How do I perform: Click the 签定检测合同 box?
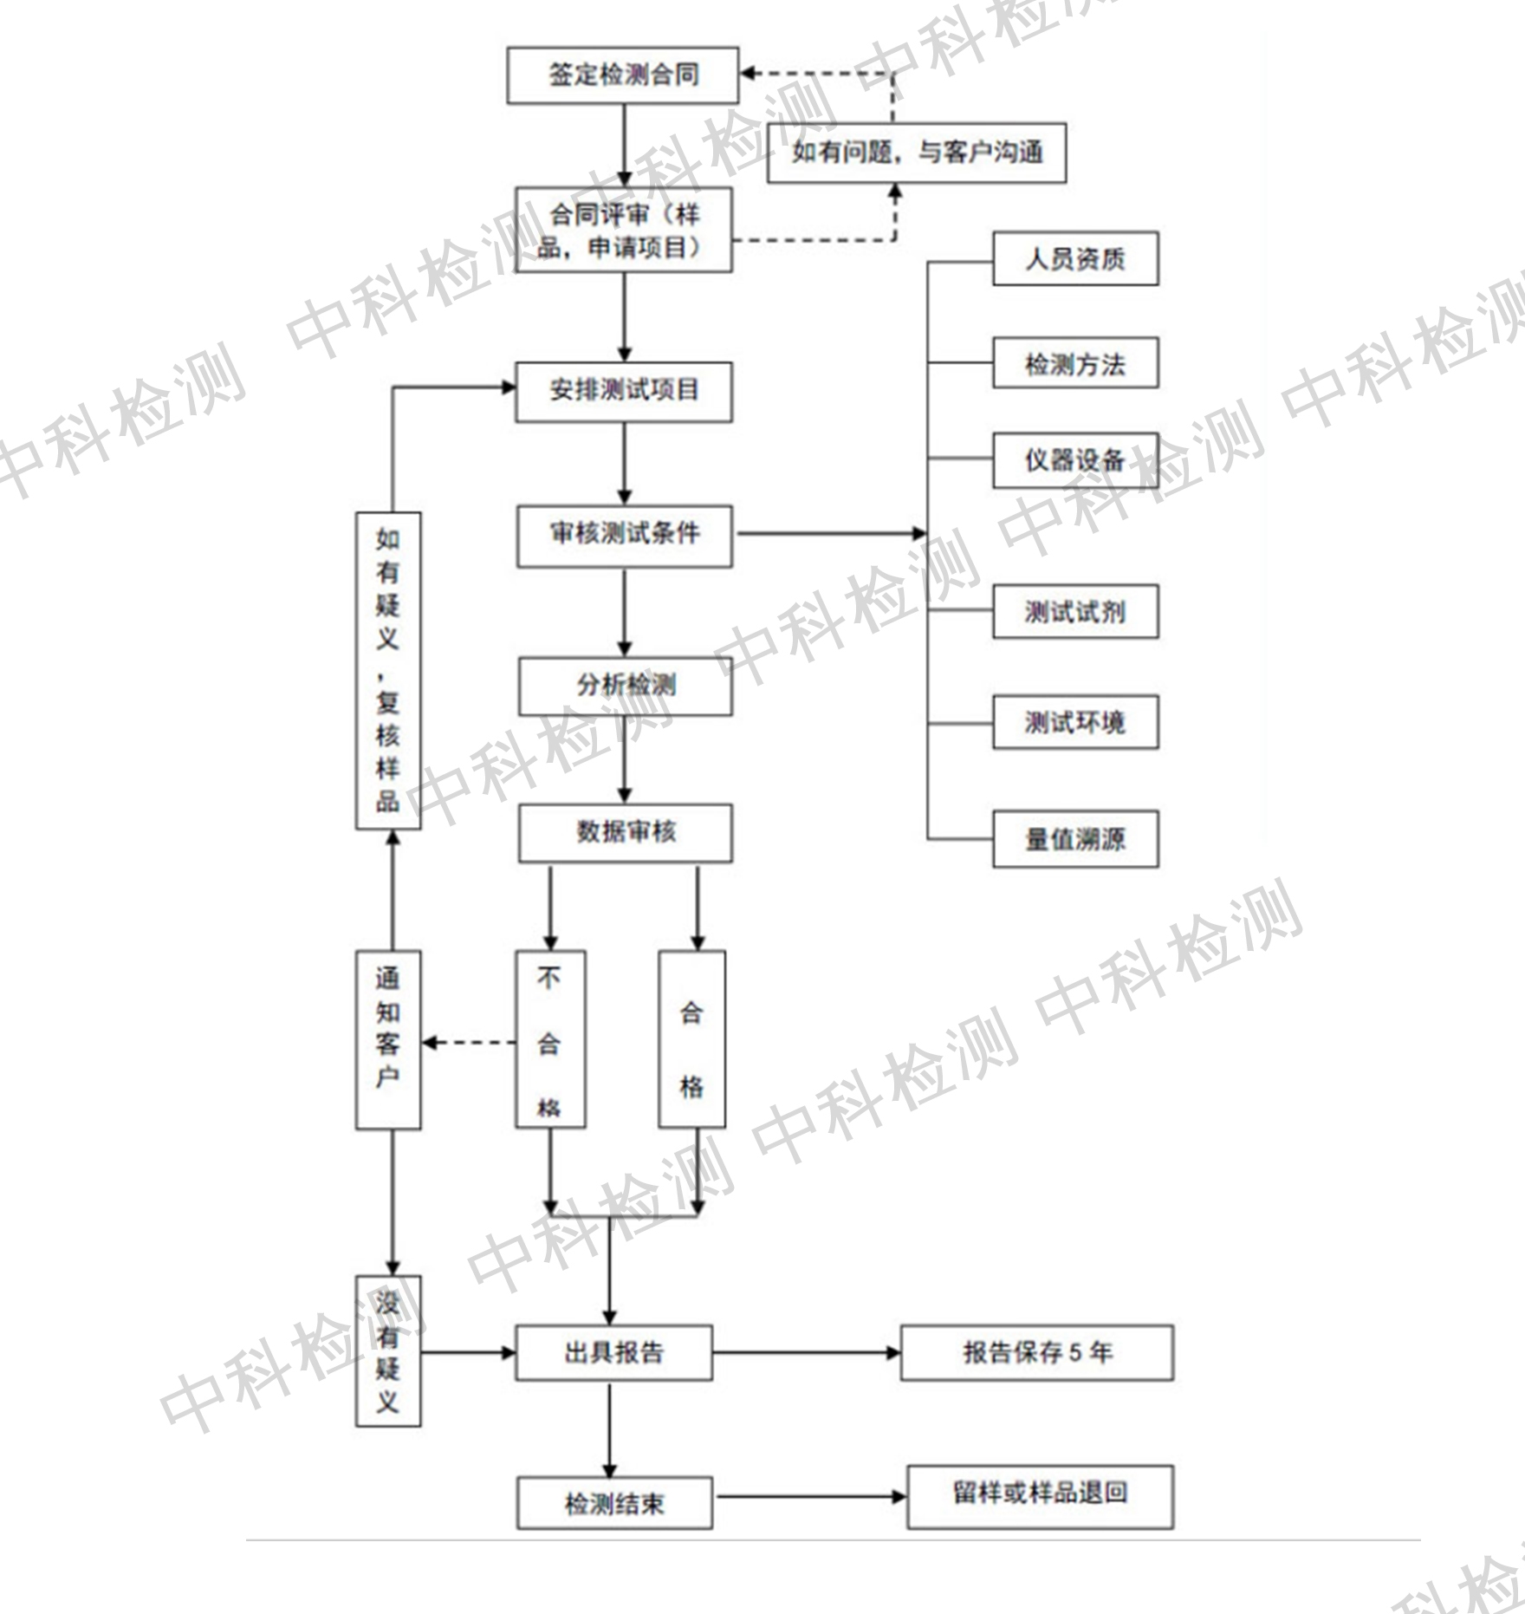(x=623, y=75)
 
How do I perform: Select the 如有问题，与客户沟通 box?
(x=917, y=153)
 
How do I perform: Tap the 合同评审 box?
(x=624, y=230)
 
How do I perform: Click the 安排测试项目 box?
(x=624, y=392)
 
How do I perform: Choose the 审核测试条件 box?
(x=625, y=537)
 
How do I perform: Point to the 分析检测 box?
(x=626, y=687)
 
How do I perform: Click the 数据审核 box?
(x=626, y=833)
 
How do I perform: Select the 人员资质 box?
(x=1075, y=258)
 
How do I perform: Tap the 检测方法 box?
(x=1075, y=363)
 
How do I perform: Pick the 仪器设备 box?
(x=1075, y=459)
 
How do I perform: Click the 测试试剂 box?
(x=1075, y=612)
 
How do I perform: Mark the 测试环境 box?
(x=1075, y=721)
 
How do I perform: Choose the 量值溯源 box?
(x=1075, y=839)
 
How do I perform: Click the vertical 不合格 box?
(x=550, y=1039)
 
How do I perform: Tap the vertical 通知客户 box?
(x=388, y=1039)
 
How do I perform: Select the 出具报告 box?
(x=614, y=1352)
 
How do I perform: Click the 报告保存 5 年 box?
(x=1037, y=1352)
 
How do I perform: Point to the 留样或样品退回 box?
(x=1040, y=1497)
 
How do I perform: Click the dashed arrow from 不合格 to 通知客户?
(x=469, y=1042)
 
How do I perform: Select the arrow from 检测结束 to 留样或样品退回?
(x=811, y=1496)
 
